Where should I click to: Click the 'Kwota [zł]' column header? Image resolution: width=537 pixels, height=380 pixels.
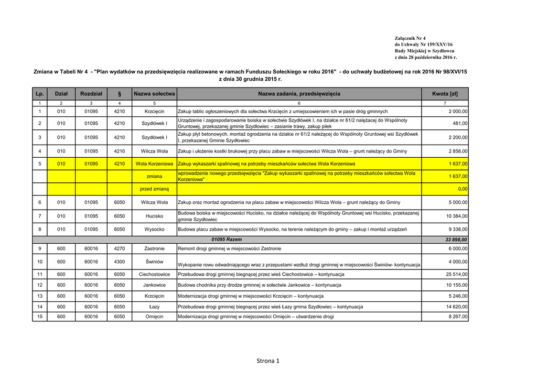click(x=445, y=94)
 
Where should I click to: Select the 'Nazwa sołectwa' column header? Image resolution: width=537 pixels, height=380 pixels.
click(x=154, y=94)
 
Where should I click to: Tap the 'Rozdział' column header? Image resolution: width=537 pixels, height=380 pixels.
click(x=91, y=94)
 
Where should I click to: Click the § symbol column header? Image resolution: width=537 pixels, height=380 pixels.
click(x=120, y=94)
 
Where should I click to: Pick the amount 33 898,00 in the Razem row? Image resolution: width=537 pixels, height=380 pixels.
click(x=455, y=240)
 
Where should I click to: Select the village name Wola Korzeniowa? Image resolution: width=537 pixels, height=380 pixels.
click(x=154, y=164)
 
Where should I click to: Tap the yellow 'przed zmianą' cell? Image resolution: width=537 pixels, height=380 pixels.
click(x=154, y=189)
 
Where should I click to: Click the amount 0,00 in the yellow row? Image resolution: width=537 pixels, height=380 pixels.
click(x=462, y=189)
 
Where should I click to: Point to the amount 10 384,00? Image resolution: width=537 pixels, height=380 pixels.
click(x=457, y=216)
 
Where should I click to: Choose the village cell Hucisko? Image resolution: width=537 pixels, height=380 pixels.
click(x=154, y=216)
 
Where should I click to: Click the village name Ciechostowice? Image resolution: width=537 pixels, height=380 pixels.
click(x=154, y=274)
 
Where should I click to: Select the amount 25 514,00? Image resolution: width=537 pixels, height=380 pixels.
click(x=457, y=274)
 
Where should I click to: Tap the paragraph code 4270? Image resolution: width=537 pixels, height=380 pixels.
click(x=120, y=248)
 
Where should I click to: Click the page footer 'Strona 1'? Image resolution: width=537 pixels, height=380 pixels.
click(x=268, y=361)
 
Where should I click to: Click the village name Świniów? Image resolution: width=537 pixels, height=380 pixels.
click(x=154, y=261)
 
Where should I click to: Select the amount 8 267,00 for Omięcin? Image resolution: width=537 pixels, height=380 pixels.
click(x=458, y=317)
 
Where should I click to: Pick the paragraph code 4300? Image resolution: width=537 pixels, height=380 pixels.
click(x=120, y=262)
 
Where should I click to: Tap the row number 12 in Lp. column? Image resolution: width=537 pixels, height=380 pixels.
click(x=40, y=285)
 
